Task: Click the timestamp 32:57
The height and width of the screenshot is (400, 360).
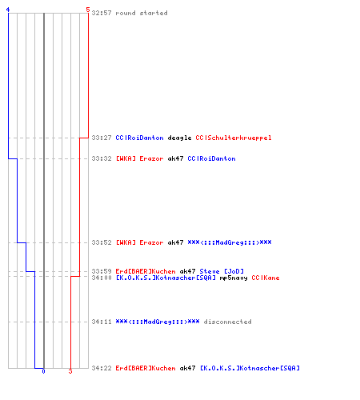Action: coord(102,13)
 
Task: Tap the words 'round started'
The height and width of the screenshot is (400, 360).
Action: coord(142,13)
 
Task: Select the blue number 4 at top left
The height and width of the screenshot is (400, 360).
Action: coord(8,10)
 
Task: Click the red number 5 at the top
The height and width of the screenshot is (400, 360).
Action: coord(88,10)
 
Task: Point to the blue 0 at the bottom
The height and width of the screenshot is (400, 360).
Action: coord(43,371)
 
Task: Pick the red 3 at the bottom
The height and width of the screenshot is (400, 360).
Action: coord(70,371)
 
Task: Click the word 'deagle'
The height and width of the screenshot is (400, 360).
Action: coord(179,138)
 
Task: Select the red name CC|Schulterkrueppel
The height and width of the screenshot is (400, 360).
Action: coord(234,138)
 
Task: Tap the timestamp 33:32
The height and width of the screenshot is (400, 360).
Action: coord(102,158)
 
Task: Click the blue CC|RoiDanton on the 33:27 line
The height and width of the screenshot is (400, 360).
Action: coord(139,138)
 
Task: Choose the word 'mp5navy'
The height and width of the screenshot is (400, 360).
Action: coord(234,278)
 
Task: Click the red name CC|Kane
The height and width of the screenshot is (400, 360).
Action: coord(266,278)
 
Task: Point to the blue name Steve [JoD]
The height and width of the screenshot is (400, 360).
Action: coord(222,271)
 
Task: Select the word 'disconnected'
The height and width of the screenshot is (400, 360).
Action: coord(227,322)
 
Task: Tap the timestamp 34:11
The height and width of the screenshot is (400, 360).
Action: coord(102,322)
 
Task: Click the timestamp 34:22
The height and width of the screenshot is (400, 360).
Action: coord(102,368)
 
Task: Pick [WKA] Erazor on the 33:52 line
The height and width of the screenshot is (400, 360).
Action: coord(139,242)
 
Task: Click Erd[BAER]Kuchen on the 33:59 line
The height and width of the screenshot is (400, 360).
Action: coord(146,271)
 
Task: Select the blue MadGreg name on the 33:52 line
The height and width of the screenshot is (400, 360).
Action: coord(230,242)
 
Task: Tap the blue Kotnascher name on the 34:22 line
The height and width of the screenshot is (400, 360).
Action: coord(250,368)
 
